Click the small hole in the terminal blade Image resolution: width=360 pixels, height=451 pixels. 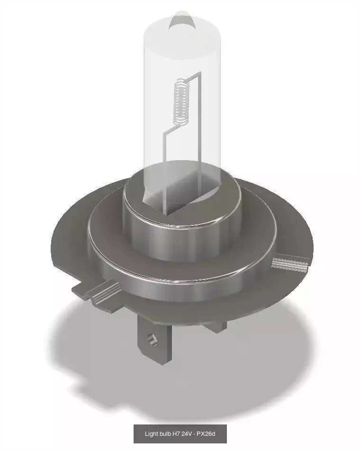point(152,338)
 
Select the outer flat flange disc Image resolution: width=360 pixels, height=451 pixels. point(71,246)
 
